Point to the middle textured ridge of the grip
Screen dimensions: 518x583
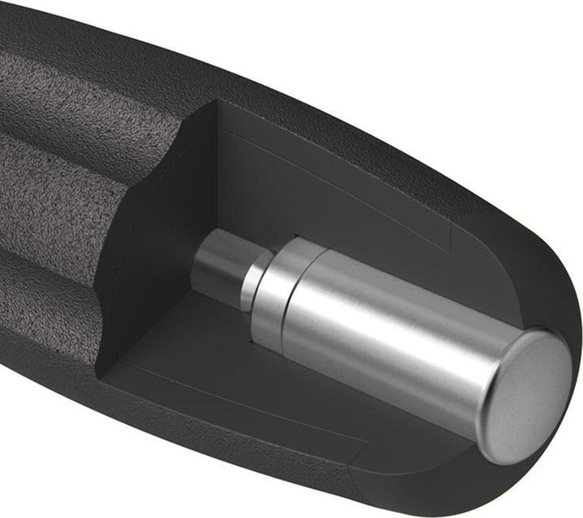[x=49, y=194]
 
